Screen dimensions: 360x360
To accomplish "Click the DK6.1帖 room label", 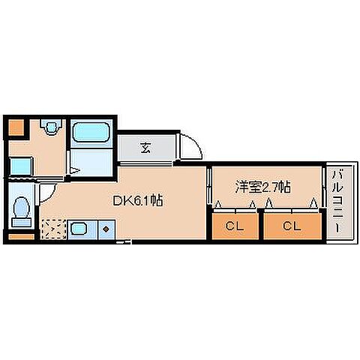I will coord(138,200).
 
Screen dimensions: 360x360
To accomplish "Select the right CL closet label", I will coord(292,225).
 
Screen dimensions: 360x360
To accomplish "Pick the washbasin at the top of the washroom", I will coord(51,128).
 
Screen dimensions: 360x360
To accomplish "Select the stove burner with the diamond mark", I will coord(106,228).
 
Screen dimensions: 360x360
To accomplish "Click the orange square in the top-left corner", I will coord(16,127).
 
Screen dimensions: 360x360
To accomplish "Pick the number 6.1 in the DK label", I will coord(148,200).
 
